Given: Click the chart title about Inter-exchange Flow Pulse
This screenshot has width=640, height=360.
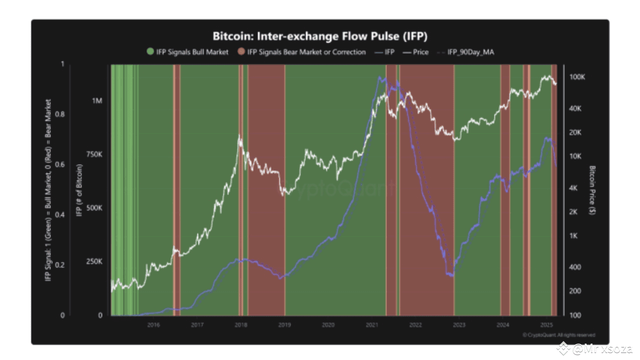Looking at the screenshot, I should pos(320,36).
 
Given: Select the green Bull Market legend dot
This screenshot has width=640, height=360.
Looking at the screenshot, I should pos(150,52).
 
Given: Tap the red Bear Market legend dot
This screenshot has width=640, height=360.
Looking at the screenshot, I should pos(241,52).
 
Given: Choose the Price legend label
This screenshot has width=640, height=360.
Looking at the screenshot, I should pos(420,52).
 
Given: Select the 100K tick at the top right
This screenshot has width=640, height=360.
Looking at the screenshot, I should pos(577,77).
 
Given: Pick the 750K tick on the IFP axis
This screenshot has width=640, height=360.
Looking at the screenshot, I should pos(94,154).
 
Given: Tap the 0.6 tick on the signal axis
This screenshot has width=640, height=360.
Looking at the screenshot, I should pos(62,164).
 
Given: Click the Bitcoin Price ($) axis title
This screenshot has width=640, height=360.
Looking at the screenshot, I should pos(592,190).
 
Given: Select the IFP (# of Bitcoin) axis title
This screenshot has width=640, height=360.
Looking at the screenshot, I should pos(79,190).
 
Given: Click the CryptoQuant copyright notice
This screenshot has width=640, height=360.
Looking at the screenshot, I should pos(559,335).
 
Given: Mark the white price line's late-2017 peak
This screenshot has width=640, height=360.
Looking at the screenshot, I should pos(240,135).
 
